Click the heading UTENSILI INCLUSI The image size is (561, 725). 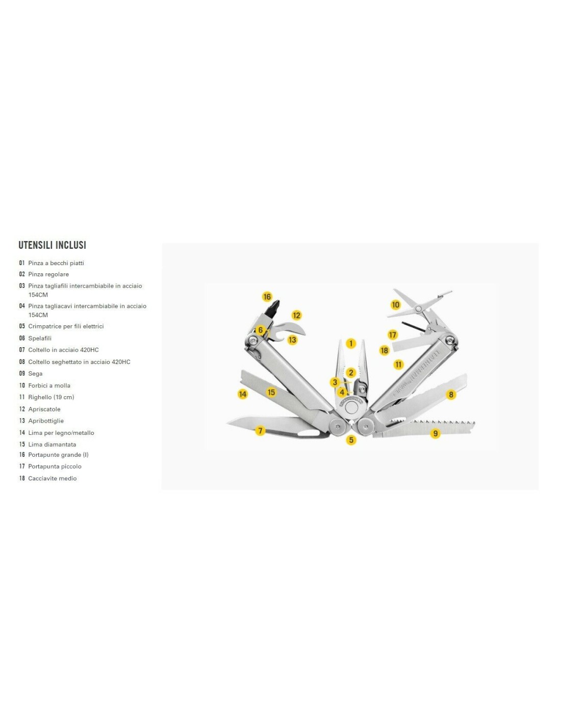click(52, 245)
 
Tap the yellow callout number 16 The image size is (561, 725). click(267, 297)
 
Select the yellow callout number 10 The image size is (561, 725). click(395, 304)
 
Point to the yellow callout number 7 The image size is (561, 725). click(260, 430)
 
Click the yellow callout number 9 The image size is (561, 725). click(435, 433)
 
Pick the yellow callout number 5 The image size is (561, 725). click(351, 440)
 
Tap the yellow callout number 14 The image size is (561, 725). click(243, 394)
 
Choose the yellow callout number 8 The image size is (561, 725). click(451, 395)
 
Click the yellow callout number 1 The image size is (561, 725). click(351, 343)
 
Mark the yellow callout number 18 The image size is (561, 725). click(385, 350)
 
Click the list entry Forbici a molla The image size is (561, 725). click(49, 385)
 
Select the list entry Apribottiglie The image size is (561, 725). click(46, 421)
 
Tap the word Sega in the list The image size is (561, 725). click(35, 374)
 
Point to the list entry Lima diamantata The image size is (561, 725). click(52, 445)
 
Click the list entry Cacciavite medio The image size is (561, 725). click(53, 478)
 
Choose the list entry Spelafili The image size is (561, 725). click(40, 339)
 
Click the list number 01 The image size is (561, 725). click(22, 263)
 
